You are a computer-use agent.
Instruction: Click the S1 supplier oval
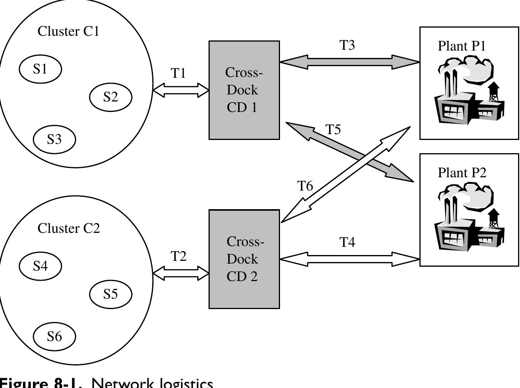point(40,69)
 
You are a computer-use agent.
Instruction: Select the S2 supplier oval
point(111,97)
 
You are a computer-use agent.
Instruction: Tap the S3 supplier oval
point(54,139)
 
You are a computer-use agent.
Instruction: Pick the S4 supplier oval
point(40,266)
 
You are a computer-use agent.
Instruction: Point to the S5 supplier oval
point(111,294)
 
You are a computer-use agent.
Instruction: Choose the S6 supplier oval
point(54,336)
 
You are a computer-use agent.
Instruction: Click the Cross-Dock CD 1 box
point(244,90)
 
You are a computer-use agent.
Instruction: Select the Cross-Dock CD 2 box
point(244,259)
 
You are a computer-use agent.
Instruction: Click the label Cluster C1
point(68,31)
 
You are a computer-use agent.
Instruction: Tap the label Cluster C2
point(69,228)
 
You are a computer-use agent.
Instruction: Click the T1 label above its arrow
point(178,73)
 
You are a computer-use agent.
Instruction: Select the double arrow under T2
point(181,274)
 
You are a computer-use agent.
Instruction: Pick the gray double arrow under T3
point(350,61)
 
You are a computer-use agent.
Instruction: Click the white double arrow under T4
point(350,259)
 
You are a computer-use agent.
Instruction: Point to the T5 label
point(333,129)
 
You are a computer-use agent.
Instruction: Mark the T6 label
point(305,186)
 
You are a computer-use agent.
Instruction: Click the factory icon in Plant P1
point(469,91)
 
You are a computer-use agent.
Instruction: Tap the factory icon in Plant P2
point(469,218)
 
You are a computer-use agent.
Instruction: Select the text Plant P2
point(462,173)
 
